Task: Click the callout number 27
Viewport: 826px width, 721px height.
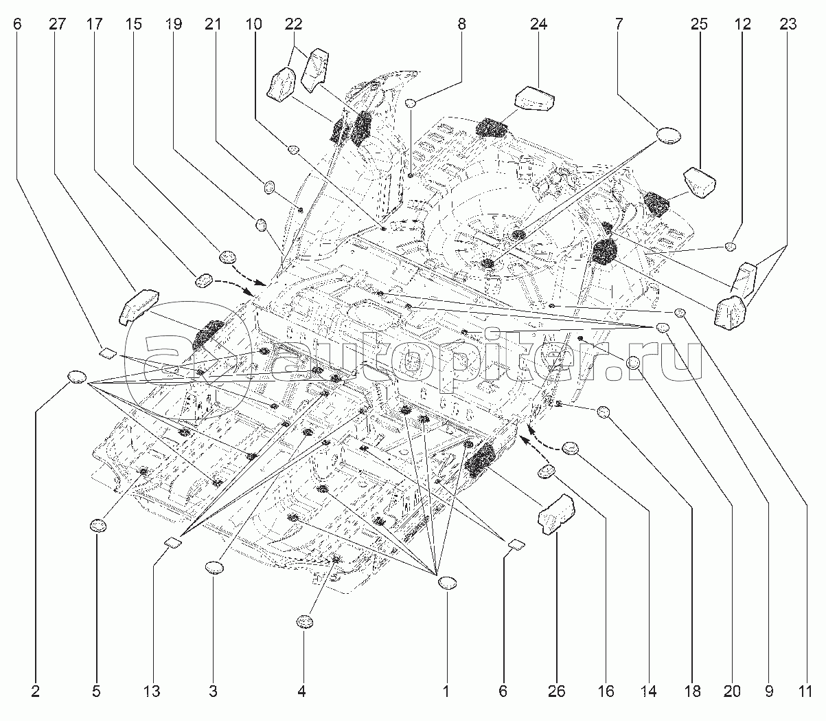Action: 57,24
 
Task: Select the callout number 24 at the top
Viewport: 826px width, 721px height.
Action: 538,24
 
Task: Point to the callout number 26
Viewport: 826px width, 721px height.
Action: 556,691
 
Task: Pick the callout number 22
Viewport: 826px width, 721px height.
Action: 294,24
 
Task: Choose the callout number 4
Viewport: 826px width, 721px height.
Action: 301,691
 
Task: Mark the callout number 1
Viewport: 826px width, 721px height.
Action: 446,691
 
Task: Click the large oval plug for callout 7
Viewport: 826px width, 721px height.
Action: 667,135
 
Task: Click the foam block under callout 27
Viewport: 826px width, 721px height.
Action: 139,304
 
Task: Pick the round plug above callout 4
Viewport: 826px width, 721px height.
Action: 304,622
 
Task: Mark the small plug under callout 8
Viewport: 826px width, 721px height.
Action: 410,103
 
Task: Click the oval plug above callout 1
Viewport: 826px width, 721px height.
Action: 447,583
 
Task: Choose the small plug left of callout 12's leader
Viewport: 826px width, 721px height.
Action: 731,246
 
